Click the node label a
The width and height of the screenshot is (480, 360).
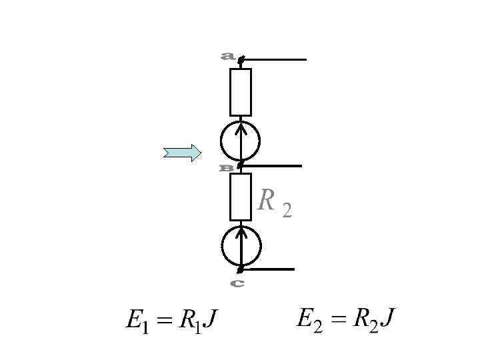click(227, 57)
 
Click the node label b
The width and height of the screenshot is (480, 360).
click(227, 168)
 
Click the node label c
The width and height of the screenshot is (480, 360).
click(237, 283)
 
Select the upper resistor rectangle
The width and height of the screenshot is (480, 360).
click(241, 92)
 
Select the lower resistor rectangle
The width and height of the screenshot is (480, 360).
click(241, 197)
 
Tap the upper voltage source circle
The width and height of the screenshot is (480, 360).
click(241, 140)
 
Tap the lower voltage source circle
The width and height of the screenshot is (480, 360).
click(241, 245)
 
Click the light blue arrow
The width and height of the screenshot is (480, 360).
click(182, 153)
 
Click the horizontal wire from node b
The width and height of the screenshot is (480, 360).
click(272, 165)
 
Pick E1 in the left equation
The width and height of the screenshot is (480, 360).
click(137, 321)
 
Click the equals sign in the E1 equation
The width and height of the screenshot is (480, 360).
click(163, 321)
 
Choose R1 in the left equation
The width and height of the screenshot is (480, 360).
click(188, 321)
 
